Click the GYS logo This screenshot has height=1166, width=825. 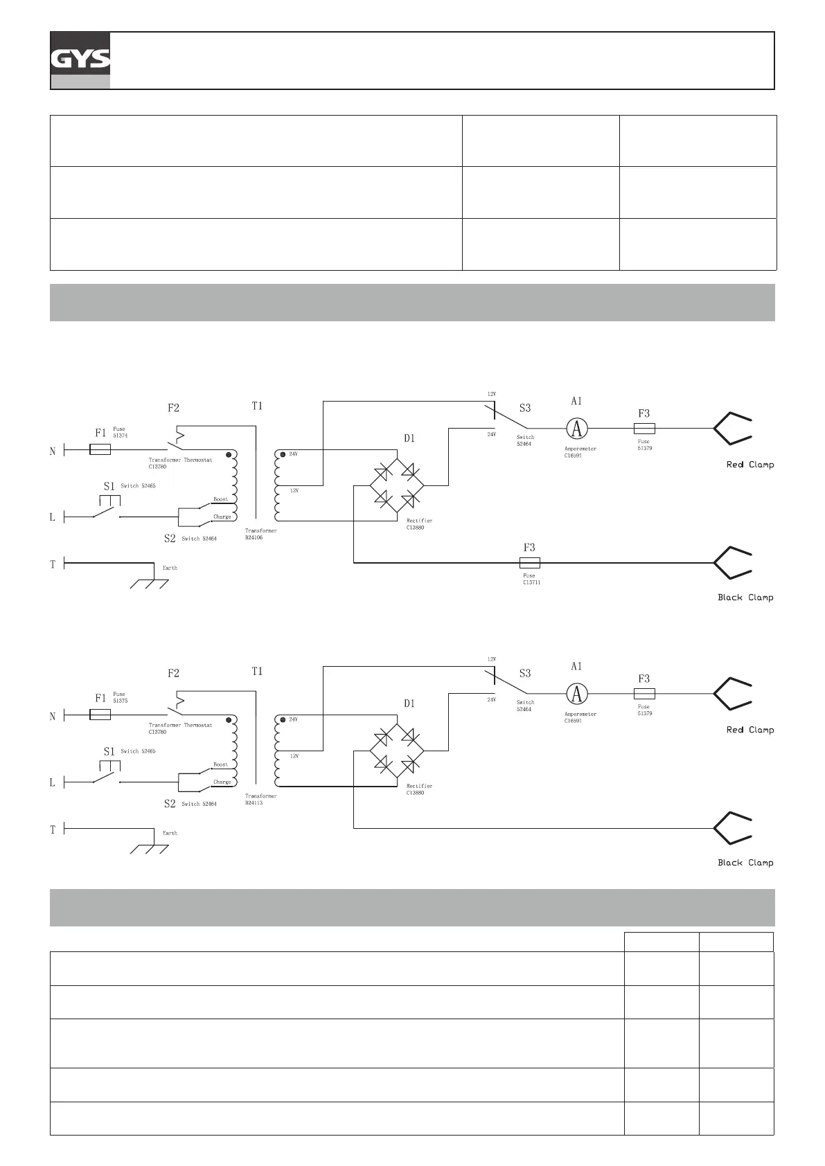point(80,60)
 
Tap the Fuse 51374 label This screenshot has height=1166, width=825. point(120,432)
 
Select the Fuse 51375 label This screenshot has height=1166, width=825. point(120,697)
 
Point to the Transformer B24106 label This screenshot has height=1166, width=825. point(260,534)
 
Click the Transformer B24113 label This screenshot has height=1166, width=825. point(260,799)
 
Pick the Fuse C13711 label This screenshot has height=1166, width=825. point(531,579)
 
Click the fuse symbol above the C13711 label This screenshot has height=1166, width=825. point(530,563)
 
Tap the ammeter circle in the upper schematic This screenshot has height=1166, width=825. point(576,429)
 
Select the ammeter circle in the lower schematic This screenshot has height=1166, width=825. point(576,693)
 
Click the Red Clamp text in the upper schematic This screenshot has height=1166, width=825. point(749,465)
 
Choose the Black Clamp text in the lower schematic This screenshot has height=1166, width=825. point(745,863)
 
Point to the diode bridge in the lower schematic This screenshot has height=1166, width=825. point(397,750)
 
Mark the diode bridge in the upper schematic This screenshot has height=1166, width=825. point(397,485)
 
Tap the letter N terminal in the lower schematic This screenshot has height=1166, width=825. point(53,717)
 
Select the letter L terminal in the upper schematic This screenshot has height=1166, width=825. point(53,517)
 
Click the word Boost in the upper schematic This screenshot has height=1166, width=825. point(220,499)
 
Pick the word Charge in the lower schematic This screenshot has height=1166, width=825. point(222,782)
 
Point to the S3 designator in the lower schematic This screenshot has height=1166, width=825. point(525,673)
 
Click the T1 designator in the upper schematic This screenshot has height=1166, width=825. point(257,406)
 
